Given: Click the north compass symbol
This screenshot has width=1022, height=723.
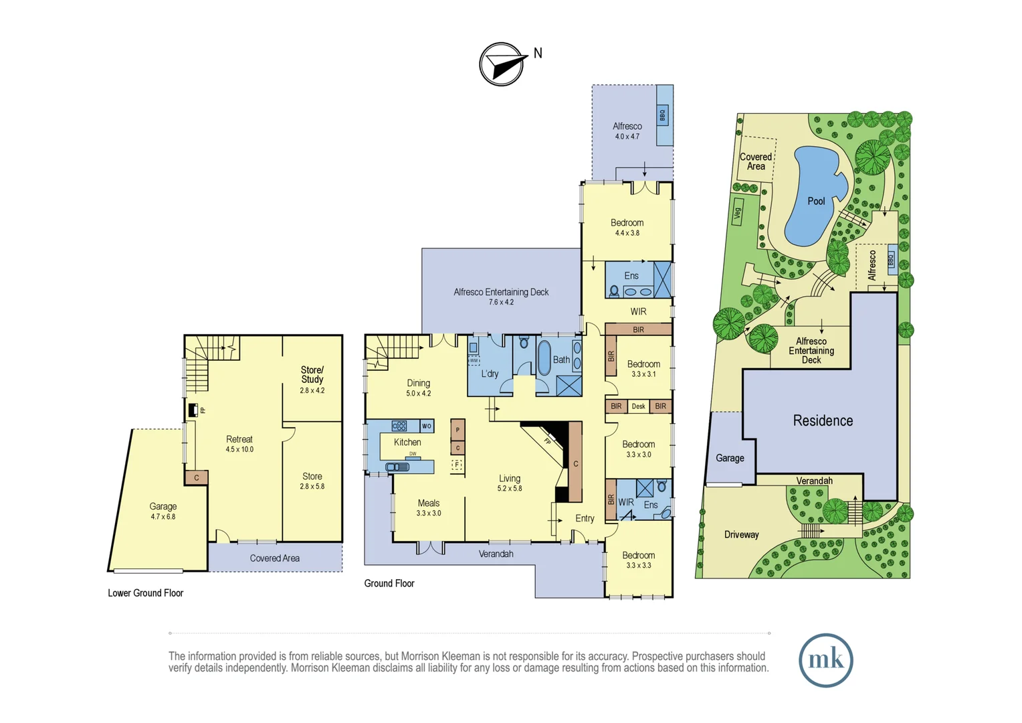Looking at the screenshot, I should tap(502, 64).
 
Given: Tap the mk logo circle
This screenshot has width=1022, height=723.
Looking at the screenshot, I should tap(825, 660).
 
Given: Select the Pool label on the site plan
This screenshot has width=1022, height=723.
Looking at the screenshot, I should tap(816, 201).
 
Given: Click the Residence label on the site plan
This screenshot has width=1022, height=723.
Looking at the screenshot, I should tap(823, 420).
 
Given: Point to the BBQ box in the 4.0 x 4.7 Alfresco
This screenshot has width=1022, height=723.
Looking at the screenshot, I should tap(663, 115).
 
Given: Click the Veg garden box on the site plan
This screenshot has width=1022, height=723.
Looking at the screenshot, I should tap(738, 212).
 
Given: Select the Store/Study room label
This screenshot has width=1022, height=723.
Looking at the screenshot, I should tap(312, 374).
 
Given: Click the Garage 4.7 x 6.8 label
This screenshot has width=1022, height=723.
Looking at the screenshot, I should tap(163, 511).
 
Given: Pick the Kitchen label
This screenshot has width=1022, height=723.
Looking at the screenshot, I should tap(407, 443).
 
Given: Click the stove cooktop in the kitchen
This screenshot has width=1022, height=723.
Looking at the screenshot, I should tap(399, 426).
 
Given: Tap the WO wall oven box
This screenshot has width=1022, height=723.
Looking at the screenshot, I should tap(427, 426).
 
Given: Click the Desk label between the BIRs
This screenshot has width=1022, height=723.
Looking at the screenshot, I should tap(638, 406).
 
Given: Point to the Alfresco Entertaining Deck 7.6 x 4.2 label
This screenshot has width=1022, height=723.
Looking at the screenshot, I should tap(501, 297).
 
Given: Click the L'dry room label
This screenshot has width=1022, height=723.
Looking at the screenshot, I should tap(490, 374).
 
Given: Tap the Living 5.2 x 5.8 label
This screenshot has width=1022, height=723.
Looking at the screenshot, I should tap(509, 483).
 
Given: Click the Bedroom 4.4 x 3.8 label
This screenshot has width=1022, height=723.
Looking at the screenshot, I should tap(627, 227).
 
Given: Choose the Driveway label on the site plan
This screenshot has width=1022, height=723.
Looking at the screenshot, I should tap(741, 534).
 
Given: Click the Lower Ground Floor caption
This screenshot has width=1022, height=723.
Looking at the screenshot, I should tap(145, 593).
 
